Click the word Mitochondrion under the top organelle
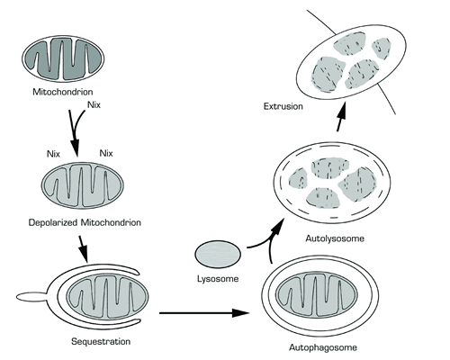69,91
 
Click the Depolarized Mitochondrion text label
88,220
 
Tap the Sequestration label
97,342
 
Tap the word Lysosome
220,280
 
